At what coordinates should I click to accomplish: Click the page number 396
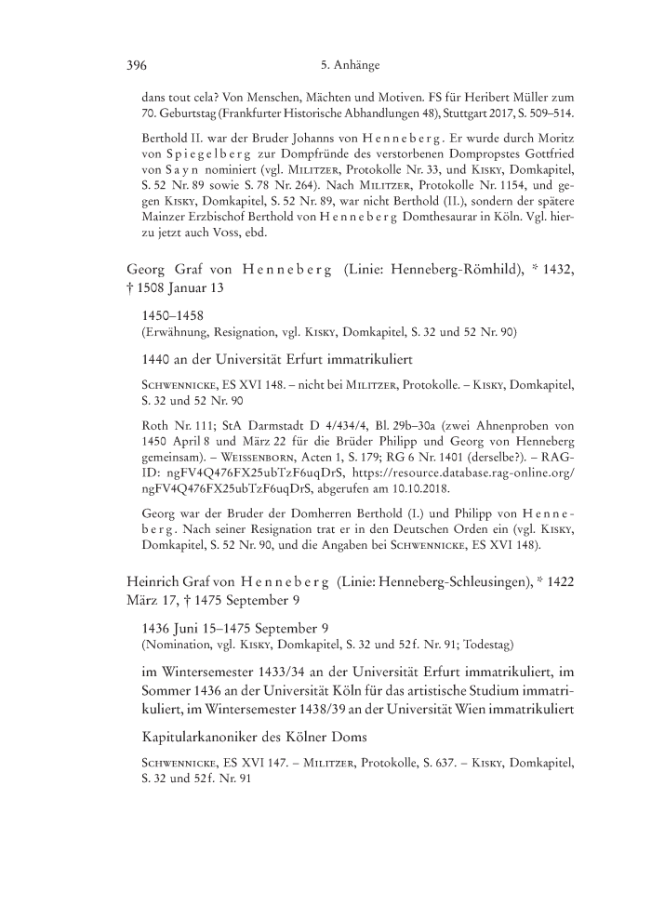pyautogui.click(x=137, y=66)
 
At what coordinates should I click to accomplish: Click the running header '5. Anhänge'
pyautogui.click(x=349, y=66)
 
